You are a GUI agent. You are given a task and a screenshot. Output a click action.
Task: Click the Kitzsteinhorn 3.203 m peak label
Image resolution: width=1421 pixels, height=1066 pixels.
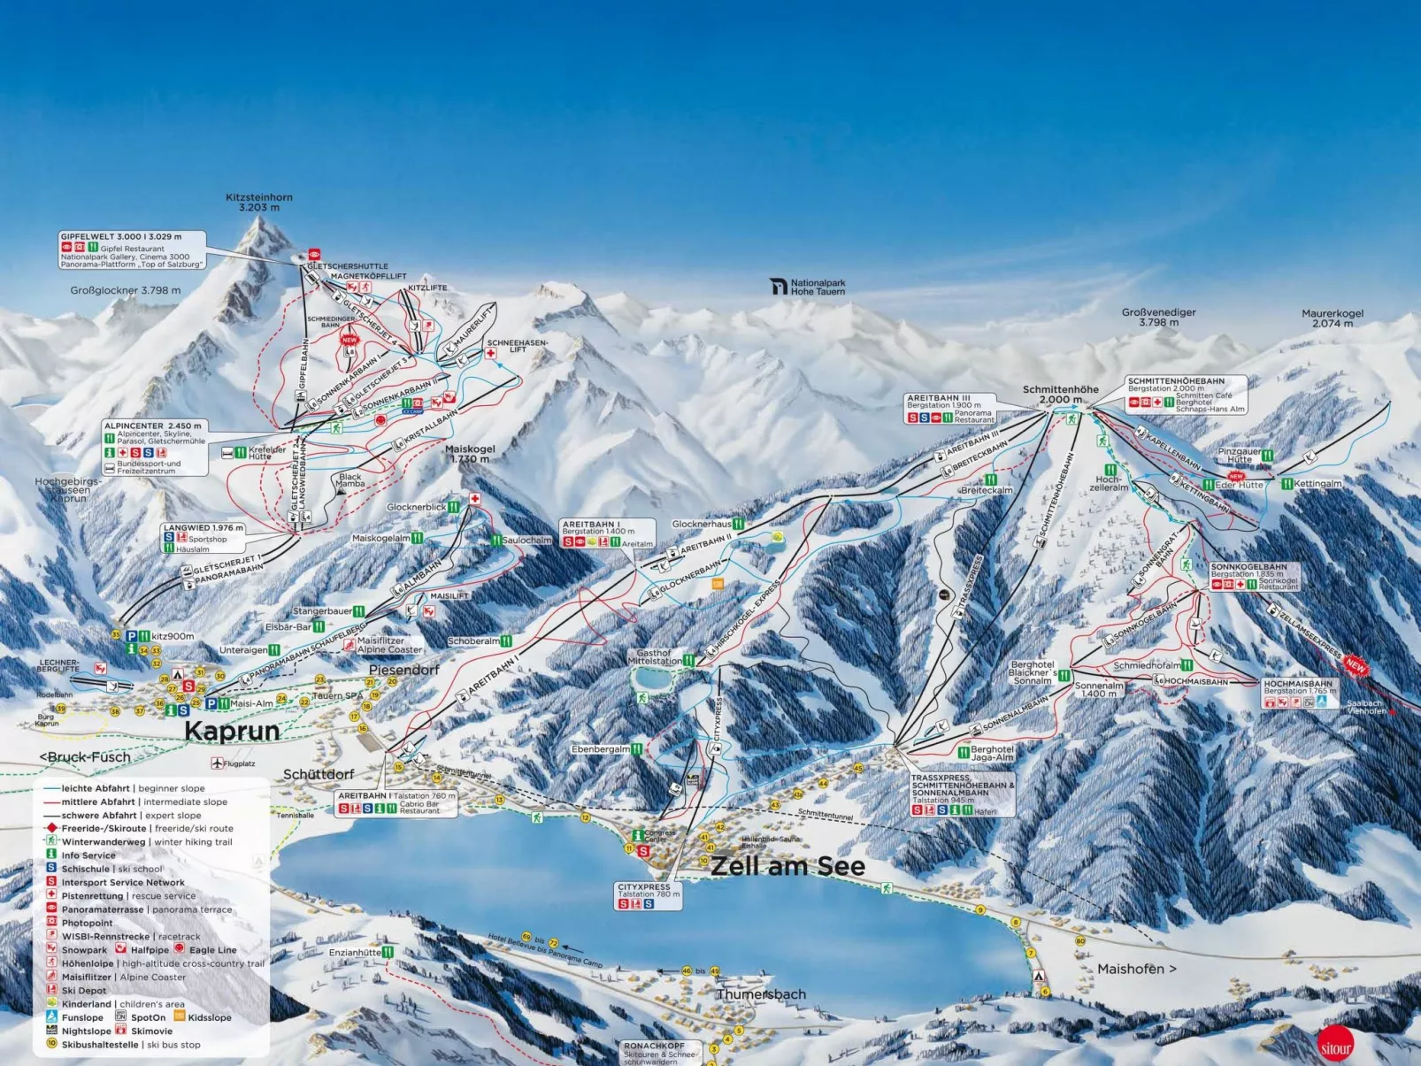[x=258, y=203]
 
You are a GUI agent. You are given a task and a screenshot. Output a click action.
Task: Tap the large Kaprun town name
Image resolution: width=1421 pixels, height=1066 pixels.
[x=232, y=731]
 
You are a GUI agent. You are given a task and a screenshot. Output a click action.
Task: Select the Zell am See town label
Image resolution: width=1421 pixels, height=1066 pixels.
[x=787, y=866]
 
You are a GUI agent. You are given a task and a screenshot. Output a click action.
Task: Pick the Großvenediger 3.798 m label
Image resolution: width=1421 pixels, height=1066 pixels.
[x=1158, y=318]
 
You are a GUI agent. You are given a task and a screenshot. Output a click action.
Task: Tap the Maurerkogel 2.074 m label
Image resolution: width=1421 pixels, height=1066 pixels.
[x=1332, y=318]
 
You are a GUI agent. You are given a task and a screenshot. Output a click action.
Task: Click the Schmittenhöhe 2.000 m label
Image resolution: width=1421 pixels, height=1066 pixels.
[x=1060, y=395]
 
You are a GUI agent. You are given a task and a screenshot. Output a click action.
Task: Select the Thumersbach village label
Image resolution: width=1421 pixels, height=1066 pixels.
[x=761, y=994]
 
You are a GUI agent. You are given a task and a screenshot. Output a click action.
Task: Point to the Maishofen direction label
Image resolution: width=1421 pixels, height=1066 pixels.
[x=1136, y=969]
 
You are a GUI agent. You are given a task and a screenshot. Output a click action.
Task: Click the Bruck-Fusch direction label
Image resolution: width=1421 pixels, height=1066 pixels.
[x=85, y=757]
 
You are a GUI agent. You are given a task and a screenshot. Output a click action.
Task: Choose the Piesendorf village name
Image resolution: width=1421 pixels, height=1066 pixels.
[x=403, y=670]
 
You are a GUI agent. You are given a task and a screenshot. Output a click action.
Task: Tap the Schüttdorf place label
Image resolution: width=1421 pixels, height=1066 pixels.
[x=319, y=774]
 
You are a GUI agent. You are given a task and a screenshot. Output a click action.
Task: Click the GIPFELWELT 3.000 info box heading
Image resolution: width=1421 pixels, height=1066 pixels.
[x=121, y=237]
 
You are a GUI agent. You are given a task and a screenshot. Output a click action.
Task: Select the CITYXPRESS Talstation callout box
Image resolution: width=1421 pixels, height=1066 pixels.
[x=649, y=895]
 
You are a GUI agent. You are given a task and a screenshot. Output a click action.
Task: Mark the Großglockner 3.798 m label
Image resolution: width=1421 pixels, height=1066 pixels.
[x=126, y=290]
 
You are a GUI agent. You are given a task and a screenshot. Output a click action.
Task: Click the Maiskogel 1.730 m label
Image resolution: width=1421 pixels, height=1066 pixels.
[x=471, y=454]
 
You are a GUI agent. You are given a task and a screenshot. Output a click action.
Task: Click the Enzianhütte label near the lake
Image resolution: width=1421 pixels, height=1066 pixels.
[x=356, y=953]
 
